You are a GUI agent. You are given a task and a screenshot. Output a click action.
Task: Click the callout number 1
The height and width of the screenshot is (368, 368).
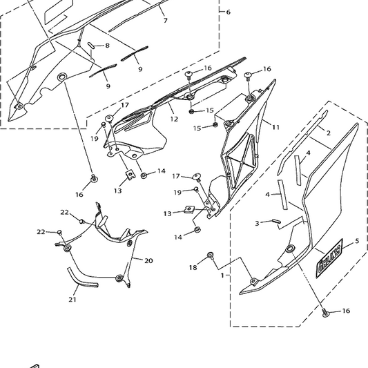click(x=222, y=275)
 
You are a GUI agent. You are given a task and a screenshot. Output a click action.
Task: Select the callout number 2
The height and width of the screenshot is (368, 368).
click(x=329, y=133)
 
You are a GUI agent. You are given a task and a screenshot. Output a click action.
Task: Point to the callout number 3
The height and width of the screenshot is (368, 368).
click(x=257, y=224)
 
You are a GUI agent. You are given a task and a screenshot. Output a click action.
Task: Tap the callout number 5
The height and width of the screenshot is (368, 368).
click(x=357, y=241)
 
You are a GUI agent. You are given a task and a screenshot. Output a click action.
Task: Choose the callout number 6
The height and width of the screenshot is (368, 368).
click(x=229, y=12)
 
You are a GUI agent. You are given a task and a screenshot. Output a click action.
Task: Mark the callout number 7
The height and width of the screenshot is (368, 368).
click(x=165, y=21)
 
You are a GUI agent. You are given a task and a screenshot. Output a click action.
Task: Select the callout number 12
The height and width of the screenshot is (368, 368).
click(x=174, y=119)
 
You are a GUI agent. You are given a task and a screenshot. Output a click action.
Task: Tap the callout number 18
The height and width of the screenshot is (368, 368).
click(x=193, y=266)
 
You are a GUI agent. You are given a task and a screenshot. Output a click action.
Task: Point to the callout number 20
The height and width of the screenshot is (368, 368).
click(x=148, y=260)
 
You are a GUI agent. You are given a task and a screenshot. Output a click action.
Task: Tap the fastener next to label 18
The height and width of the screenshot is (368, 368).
click(x=211, y=256)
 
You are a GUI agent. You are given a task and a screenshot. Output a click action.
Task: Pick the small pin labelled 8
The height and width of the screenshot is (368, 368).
click(x=90, y=45)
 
